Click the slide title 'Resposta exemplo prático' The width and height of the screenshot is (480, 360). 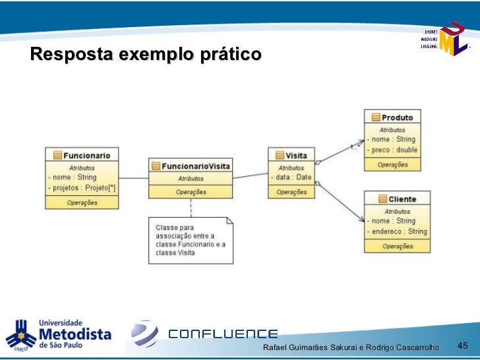point(146,54)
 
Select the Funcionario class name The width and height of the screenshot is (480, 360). point(86,155)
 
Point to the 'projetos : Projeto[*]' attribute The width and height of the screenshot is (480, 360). point(82,188)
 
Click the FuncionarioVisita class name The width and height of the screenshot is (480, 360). point(195,166)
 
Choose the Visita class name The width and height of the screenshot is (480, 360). point(295,156)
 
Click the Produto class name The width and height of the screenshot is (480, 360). point(397,117)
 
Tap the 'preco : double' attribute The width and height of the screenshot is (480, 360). point(394,150)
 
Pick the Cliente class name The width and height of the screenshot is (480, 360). point(402,198)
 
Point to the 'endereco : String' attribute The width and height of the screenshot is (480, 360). point(399,231)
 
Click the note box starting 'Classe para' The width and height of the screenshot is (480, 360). point(190,240)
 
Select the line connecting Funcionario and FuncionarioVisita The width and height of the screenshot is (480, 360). point(133,178)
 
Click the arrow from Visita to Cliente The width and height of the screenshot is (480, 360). point(340,201)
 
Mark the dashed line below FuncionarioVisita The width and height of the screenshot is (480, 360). point(191,207)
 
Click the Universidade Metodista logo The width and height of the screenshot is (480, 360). point(59,335)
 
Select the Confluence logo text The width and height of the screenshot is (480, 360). point(223,334)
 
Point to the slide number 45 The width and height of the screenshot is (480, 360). point(462,345)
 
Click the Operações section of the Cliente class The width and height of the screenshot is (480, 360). point(398,246)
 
